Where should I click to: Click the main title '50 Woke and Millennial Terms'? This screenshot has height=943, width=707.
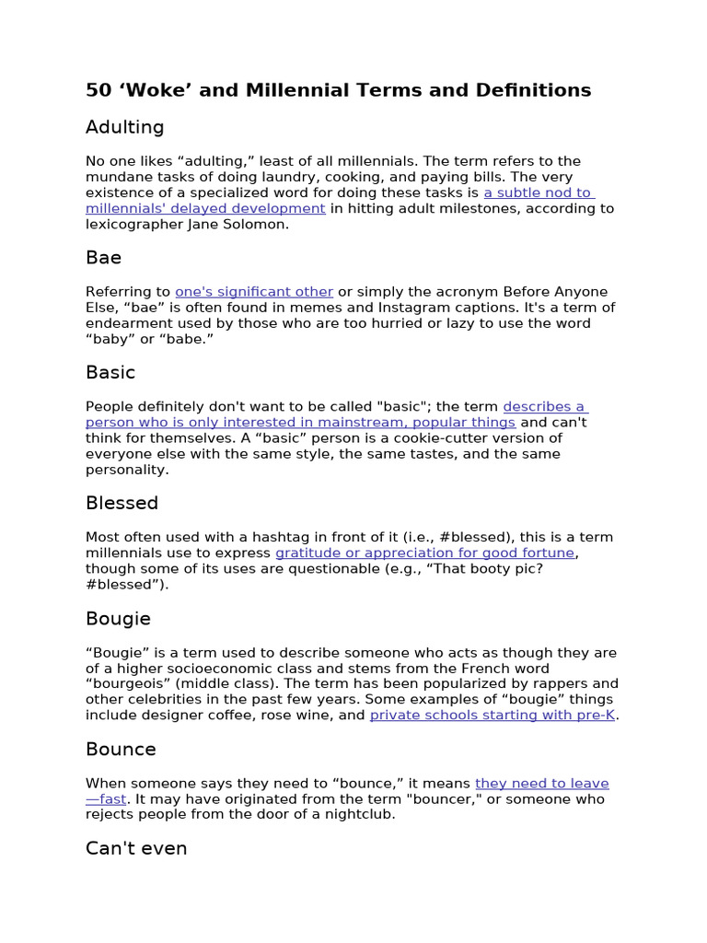338,90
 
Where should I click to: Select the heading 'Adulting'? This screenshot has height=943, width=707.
124,127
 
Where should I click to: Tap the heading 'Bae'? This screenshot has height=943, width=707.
103,258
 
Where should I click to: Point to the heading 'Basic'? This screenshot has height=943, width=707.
110,372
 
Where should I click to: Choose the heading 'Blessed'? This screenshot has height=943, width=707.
122,503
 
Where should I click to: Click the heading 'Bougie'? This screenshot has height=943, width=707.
118,618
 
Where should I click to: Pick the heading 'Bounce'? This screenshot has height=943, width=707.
121,749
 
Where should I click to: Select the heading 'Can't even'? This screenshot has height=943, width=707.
136,848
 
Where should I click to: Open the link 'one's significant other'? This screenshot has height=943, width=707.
254,292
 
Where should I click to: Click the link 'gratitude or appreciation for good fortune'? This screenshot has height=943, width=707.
424,553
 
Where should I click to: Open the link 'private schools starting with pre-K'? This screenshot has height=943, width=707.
492,715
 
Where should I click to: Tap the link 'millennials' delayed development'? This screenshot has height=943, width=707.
205,208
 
